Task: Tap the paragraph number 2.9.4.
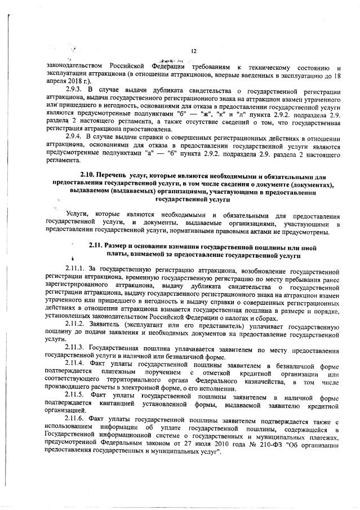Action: (x=75, y=138)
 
